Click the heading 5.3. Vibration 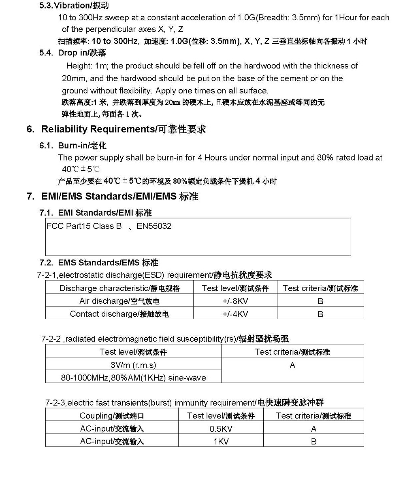74,6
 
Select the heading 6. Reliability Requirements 116,129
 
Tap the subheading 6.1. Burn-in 73,146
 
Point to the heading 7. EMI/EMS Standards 112,197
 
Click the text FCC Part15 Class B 84,226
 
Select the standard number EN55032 154,226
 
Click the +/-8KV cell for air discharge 235,301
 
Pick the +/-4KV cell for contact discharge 235,314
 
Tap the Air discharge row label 119,301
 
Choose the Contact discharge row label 119,314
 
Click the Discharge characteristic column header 119,288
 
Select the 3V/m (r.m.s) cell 133,365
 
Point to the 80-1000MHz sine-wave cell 133,378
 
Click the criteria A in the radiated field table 292,365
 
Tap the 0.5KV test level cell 221,429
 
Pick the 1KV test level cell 221,442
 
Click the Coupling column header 112,416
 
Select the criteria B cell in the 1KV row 313,442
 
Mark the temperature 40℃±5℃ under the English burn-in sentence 81,169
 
